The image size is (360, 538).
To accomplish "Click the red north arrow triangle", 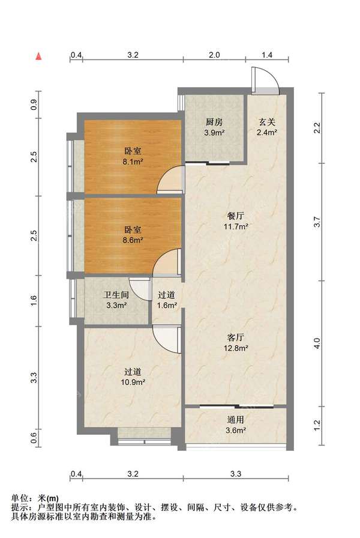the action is point(39,56).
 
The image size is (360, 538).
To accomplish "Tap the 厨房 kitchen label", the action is point(214,122).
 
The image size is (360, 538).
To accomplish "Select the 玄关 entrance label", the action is point(267,122).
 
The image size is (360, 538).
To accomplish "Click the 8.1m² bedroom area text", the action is point(133,162).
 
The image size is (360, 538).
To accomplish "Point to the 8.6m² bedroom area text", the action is point(133,240).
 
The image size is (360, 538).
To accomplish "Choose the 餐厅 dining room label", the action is point(236,216).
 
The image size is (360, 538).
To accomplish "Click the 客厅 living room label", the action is point(236,337).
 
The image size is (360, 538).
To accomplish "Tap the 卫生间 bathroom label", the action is point(116,295).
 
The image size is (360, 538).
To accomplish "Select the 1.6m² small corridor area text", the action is point(167,306).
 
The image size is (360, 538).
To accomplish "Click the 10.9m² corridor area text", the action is point(133,382).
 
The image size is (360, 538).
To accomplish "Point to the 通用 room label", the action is point(236,419).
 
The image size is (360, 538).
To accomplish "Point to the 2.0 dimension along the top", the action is point(214,55).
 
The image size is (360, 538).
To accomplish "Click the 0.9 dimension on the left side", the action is point(34,104).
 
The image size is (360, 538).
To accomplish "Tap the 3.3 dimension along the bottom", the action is point(236,474).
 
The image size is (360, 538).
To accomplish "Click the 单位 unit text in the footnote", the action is point(20,498).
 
